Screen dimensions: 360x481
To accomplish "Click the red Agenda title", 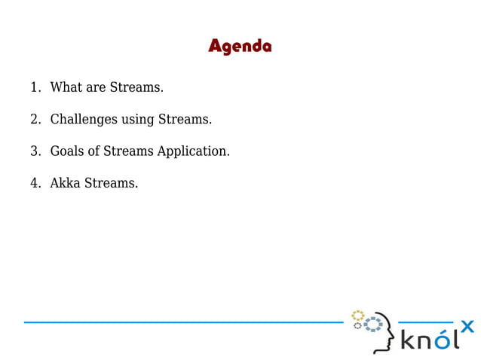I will point(240,47).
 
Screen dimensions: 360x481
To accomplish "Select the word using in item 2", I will point(136,120).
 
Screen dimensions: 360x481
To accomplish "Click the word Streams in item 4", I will point(112,183).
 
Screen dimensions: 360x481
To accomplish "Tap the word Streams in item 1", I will point(136,87).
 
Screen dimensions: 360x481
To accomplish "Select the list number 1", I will point(34,87).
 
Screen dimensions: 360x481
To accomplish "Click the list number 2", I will point(34,119).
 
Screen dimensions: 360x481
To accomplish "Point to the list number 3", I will point(34,151).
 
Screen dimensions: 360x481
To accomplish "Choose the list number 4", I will point(34,183).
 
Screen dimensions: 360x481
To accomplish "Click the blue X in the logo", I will point(467,326).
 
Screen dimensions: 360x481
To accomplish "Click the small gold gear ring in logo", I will point(358,315).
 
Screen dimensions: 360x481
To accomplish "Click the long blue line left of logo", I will point(181,322).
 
